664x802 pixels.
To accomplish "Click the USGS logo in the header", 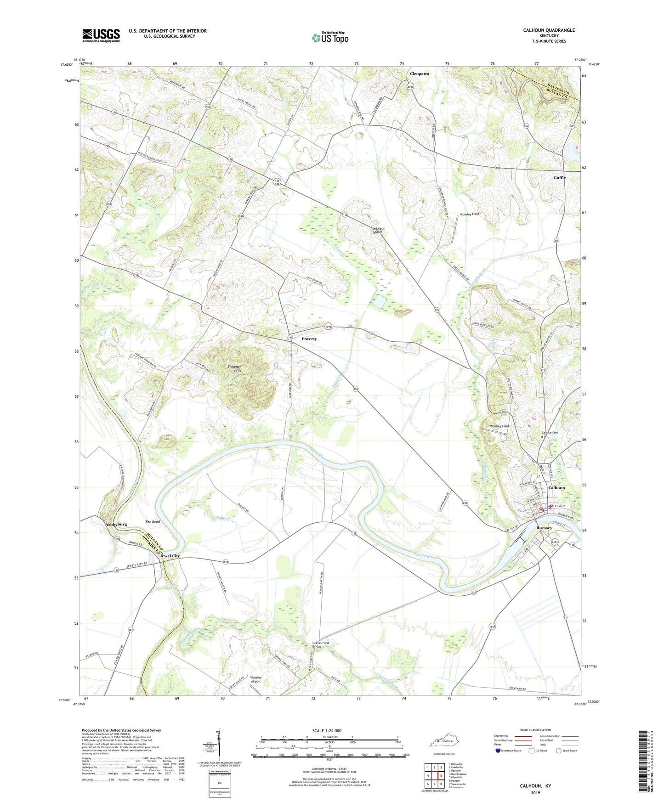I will (x=101, y=35).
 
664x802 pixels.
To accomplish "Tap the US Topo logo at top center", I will (x=330, y=38).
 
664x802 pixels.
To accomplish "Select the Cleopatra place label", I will (x=419, y=73).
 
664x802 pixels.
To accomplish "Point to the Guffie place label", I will (x=559, y=177).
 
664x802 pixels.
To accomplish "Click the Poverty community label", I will (x=309, y=339).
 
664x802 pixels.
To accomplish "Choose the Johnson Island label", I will (x=379, y=230).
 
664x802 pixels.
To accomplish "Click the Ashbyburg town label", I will (x=116, y=524).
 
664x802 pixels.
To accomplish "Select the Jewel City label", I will (x=170, y=556).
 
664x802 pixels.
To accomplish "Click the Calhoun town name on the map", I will (x=556, y=488).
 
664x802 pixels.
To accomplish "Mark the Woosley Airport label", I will (x=255, y=679).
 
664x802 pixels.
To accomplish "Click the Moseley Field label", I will (x=470, y=214).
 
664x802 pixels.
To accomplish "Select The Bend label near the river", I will (x=152, y=522).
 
